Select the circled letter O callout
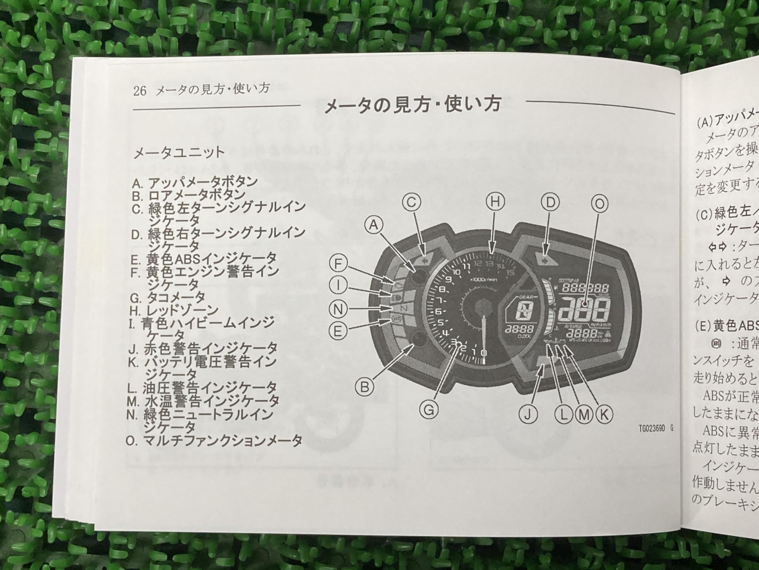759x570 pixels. click(599, 204)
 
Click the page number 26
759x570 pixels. click(140, 91)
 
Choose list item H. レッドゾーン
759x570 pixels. click(174, 311)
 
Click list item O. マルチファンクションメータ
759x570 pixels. click(214, 441)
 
